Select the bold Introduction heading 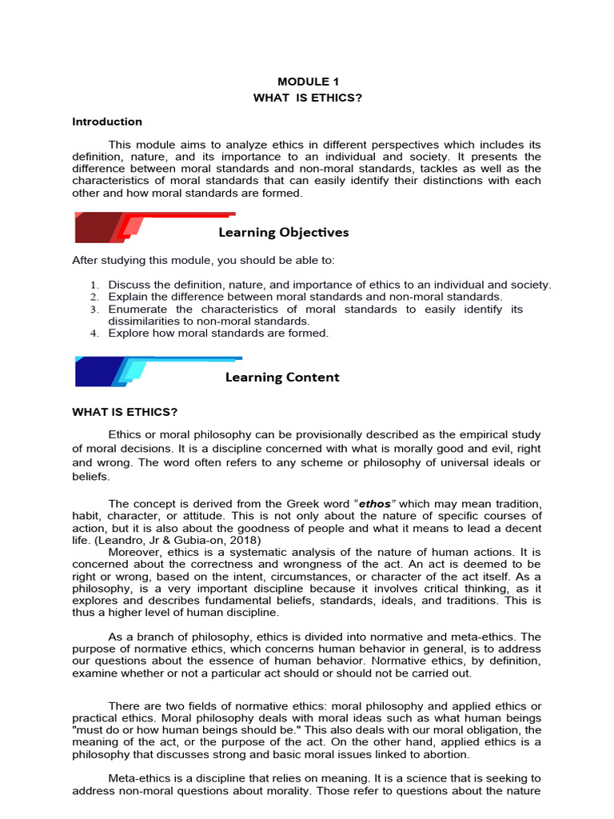pyautogui.click(x=107, y=122)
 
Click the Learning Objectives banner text pyautogui.click(x=283, y=233)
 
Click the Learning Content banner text pyautogui.click(x=282, y=377)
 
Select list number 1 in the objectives pyautogui.click(x=93, y=286)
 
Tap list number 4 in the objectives pyautogui.click(x=93, y=334)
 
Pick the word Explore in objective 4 pyautogui.click(x=128, y=334)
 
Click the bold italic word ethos pyautogui.click(x=376, y=504)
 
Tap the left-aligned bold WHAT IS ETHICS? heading pyautogui.click(x=125, y=412)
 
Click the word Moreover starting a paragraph pyautogui.click(x=134, y=552)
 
